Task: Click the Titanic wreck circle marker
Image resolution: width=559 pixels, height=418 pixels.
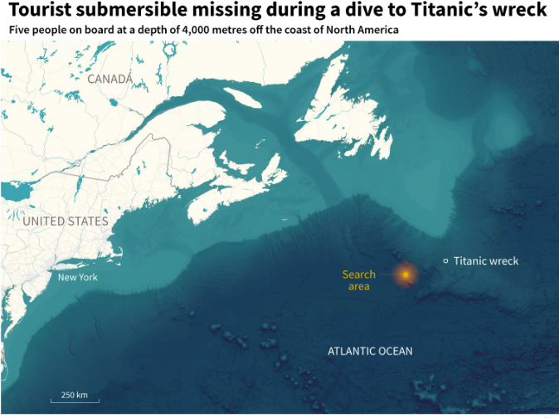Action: [446, 261]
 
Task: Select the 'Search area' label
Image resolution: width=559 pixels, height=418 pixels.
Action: [358, 280]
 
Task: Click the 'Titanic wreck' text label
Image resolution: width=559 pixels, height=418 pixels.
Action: [486, 261]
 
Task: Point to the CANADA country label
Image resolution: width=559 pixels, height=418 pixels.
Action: [109, 79]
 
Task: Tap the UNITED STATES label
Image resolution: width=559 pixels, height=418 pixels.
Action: [66, 221]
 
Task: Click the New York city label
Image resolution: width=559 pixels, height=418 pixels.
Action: [77, 277]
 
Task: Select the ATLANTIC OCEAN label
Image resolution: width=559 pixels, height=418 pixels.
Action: [370, 351]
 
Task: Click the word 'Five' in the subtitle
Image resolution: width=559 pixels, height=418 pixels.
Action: [18, 30]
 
